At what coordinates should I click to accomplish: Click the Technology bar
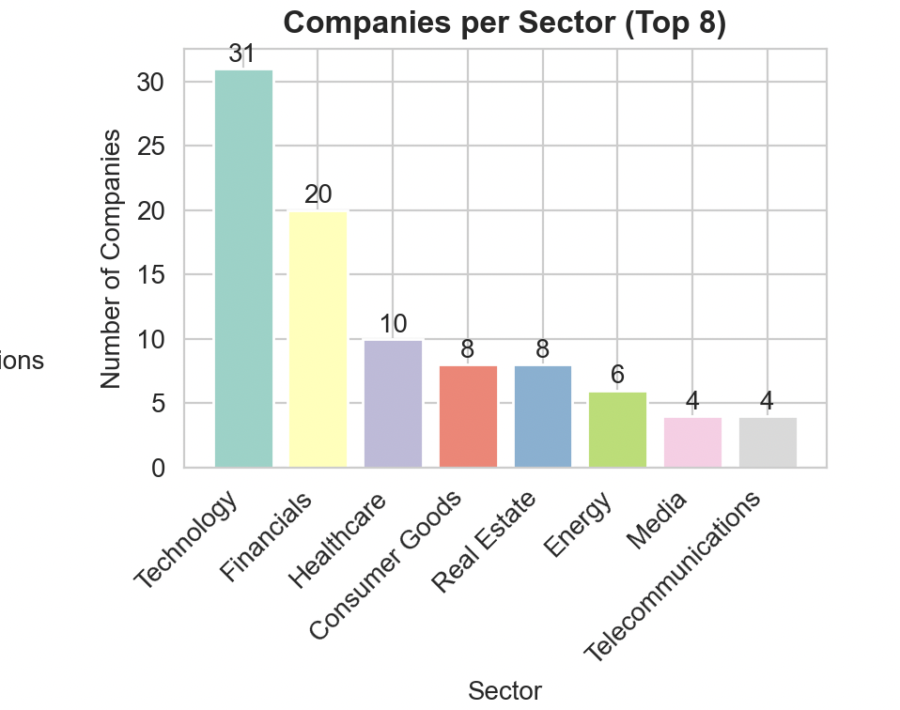[243, 268]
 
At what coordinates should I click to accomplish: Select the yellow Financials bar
[318, 339]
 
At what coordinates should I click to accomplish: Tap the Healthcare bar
[393, 403]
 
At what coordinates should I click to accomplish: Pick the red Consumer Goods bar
[468, 416]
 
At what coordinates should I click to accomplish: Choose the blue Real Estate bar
[543, 416]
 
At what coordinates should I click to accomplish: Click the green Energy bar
[617, 429]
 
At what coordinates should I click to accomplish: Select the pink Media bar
[692, 441]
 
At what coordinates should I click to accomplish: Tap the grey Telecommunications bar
[767, 441]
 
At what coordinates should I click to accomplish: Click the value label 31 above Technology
[242, 54]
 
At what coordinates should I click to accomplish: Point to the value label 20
[318, 194]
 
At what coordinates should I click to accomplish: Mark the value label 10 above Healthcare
[393, 324]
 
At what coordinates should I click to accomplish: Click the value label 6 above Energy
[617, 375]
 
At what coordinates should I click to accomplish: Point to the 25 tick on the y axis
[151, 147]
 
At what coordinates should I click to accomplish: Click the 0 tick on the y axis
[159, 468]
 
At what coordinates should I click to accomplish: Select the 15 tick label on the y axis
[151, 275]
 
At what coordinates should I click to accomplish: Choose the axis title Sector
[504, 692]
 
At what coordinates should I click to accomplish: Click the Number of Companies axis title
[112, 258]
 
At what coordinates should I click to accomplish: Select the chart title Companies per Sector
[504, 23]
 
